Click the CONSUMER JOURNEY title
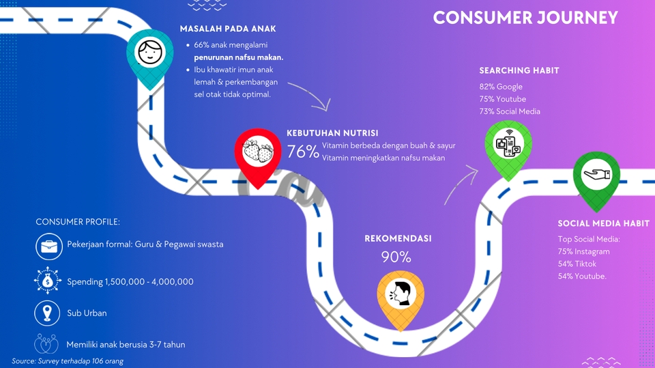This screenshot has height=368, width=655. point(525,18)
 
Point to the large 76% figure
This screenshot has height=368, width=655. point(303,152)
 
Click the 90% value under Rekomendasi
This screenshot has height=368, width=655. point(396,257)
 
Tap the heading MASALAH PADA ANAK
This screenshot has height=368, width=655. point(228,29)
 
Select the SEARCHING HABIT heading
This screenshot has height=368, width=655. point(519,71)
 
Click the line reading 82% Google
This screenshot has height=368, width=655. point(501,87)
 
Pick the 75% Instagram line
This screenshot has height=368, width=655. point(583,251)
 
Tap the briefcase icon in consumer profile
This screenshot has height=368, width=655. point(49,246)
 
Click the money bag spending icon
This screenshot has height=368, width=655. point(48,281)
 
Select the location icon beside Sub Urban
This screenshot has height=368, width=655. point(47,313)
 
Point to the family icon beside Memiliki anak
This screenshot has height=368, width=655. point(46,343)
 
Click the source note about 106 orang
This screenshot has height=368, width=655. point(68,361)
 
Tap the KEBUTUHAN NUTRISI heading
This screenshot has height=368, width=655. point(332,133)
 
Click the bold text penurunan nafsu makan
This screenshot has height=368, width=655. point(239,57)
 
